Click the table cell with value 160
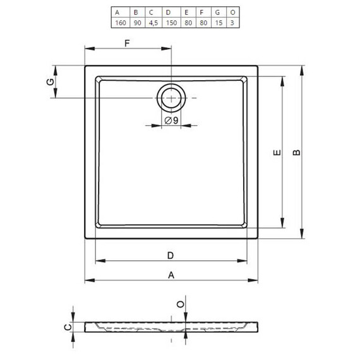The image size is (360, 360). [x=121, y=23]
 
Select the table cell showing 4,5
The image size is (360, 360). [x=153, y=23]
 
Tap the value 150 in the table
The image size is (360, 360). [x=171, y=23]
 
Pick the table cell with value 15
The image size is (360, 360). [x=219, y=23]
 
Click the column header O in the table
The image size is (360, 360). [x=233, y=13]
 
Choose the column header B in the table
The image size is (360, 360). [x=136, y=13]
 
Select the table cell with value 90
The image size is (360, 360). [x=137, y=23]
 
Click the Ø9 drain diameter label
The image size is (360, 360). [x=171, y=120]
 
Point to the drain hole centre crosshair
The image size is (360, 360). [x=171, y=98]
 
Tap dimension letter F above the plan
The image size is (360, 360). [x=127, y=43]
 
